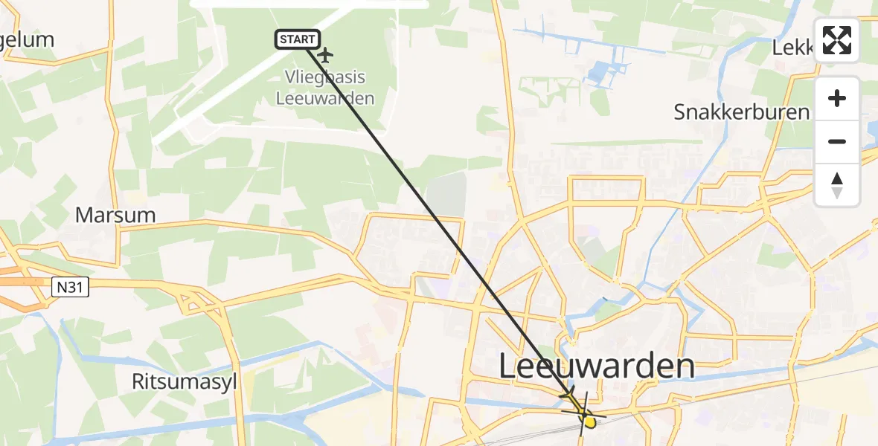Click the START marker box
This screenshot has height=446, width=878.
(x=298, y=39)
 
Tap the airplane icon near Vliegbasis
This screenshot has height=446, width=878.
(x=325, y=55)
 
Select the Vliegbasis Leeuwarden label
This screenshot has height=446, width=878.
(x=325, y=88)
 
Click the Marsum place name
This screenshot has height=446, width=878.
(x=115, y=216)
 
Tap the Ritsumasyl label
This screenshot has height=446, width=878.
(x=184, y=382)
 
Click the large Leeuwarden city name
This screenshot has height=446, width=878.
(x=596, y=366)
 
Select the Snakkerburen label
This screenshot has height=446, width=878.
(x=741, y=112)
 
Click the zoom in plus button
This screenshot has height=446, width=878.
(x=837, y=98)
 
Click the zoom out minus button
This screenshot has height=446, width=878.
(x=837, y=141)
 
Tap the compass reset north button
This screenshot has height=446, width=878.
(x=837, y=184)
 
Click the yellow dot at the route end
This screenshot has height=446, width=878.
(x=589, y=422)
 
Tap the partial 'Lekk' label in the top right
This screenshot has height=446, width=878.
(x=792, y=48)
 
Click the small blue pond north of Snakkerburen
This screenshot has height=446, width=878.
(x=599, y=73)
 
